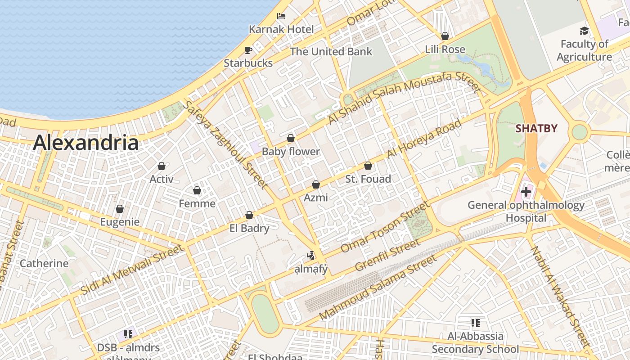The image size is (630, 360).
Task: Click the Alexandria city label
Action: click(85, 143)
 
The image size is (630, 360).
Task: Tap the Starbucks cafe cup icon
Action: click(248, 50)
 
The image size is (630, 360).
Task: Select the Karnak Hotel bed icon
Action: click(281, 17)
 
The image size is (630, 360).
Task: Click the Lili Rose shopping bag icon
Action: click(445, 36)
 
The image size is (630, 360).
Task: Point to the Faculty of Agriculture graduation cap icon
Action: click(584, 31)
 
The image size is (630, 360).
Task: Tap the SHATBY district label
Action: click(536, 129)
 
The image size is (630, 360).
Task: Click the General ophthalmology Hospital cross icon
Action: click(526, 192)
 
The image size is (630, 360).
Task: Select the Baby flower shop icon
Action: click(291, 138)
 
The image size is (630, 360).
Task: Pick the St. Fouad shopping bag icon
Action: click(368, 166)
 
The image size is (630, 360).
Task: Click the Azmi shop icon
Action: click(316, 184)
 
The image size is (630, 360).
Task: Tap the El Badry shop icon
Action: click(249, 215)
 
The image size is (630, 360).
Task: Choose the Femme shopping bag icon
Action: click(197, 190)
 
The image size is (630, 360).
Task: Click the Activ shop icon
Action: click(162, 166)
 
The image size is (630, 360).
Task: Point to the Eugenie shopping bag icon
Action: click(120, 209)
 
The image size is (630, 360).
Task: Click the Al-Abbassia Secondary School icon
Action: click(475, 323)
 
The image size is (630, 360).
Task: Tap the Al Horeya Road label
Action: click(424, 139)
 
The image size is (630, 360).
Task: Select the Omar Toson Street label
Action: click(385, 227)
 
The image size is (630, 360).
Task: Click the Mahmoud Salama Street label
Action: click(378, 288)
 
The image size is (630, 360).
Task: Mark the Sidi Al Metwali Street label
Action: click(133, 269)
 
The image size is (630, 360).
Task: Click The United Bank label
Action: click(331, 51)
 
